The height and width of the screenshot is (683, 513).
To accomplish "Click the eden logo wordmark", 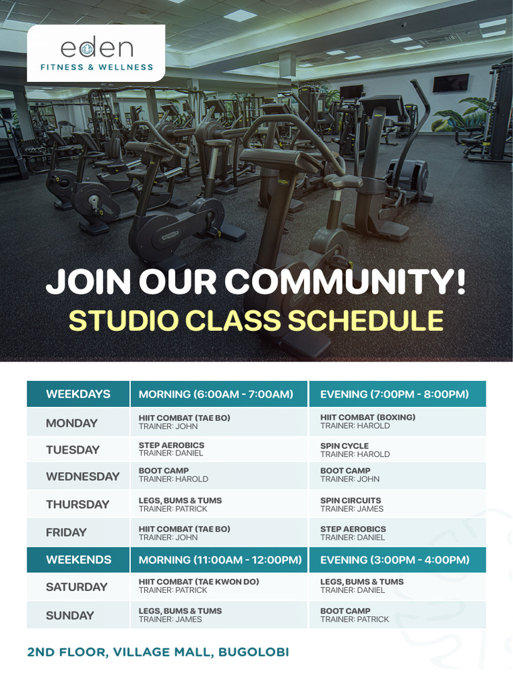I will (x=96, y=48).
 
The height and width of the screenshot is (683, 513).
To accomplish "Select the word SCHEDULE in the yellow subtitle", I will (x=365, y=321).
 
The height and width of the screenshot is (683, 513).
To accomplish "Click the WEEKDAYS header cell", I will (x=78, y=394).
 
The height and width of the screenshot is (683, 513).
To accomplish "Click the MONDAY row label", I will (x=71, y=423).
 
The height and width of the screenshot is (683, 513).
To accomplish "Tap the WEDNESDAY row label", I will (x=82, y=476).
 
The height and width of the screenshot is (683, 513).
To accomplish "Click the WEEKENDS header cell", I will (x=78, y=560).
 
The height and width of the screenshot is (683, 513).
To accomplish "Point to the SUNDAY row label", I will (x=69, y=616).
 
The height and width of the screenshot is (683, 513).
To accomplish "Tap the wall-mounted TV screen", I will (x=450, y=83).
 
